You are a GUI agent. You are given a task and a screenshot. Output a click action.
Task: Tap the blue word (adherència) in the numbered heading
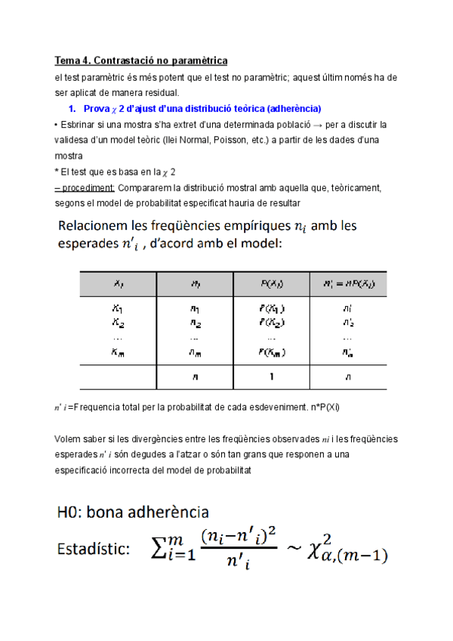[x=291, y=108]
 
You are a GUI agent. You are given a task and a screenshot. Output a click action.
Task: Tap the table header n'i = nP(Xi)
[x=347, y=284]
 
